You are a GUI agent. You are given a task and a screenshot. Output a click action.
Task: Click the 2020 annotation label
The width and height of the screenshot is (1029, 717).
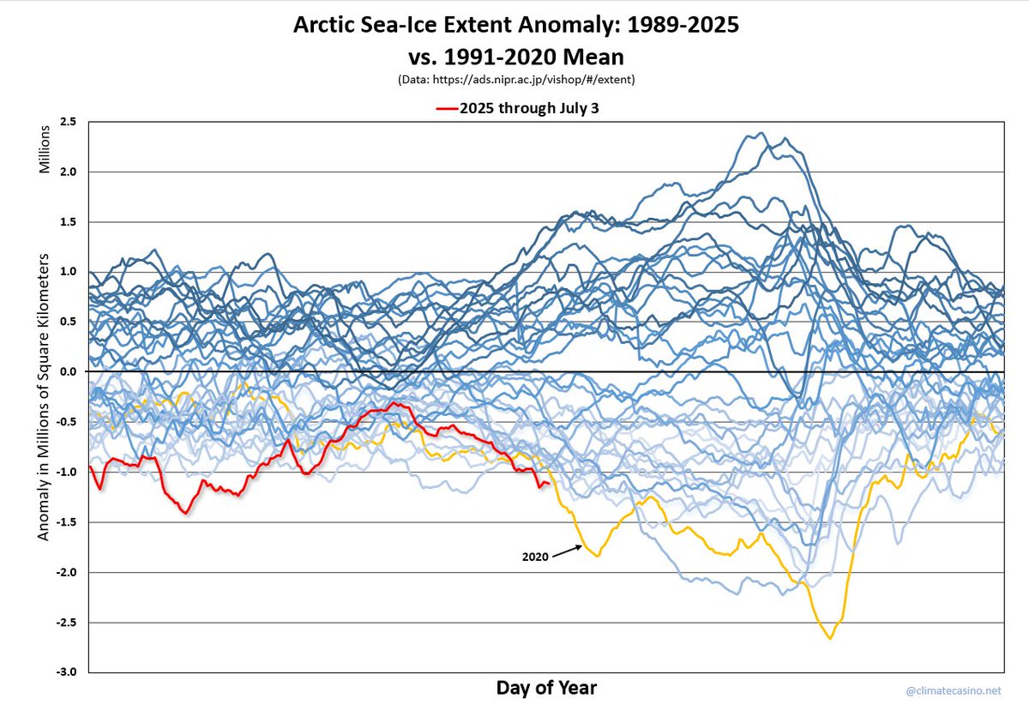click(535, 557)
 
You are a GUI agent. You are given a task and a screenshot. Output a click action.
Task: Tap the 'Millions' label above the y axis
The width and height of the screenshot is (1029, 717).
click(44, 150)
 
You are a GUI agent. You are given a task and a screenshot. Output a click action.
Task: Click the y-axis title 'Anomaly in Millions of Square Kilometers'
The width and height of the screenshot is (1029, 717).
click(44, 396)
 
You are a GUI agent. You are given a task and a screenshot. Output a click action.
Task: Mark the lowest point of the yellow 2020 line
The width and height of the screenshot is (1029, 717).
click(829, 638)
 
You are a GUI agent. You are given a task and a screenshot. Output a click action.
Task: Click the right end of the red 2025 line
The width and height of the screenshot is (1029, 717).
click(549, 485)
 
